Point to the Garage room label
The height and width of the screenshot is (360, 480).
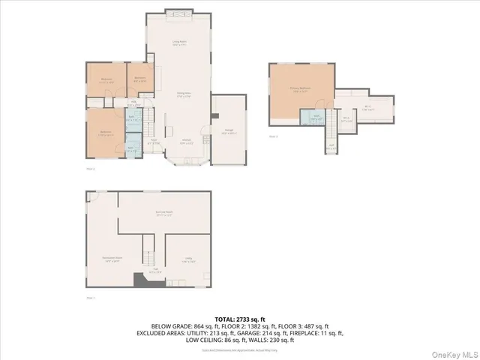(x=228, y=130)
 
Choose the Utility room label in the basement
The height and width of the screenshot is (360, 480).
(x=189, y=261)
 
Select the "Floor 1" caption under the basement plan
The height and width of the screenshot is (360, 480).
(x=91, y=298)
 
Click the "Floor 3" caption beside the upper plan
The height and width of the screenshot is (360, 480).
(x=273, y=136)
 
